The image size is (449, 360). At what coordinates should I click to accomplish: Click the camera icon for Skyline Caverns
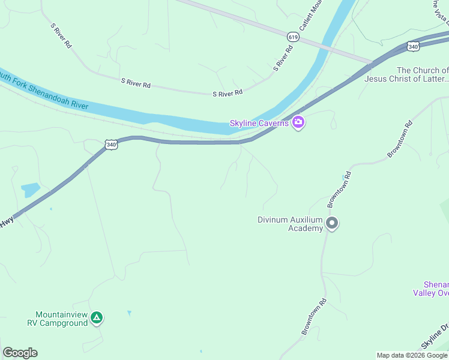pyautogui.click(x=298, y=123)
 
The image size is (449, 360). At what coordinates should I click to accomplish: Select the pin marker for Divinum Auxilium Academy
pyautogui.click(x=332, y=224)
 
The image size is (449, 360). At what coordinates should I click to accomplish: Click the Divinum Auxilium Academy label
pyautogui.click(x=291, y=224)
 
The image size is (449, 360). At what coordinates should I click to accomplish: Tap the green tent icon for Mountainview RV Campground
pyautogui.click(x=97, y=319)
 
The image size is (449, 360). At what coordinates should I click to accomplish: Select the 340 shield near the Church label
pyautogui.click(x=412, y=46)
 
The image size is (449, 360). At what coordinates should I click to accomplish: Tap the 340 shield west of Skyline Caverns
pyautogui.click(x=110, y=145)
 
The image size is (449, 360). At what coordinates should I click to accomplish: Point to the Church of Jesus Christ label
pyautogui.click(x=422, y=74)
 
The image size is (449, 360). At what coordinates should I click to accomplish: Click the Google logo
pyautogui.click(x=20, y=353)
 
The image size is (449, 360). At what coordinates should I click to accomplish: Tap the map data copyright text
pyautogui.click(x=412, y=355)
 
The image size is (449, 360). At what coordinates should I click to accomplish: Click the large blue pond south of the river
pyautogui.click(x=30, y=190)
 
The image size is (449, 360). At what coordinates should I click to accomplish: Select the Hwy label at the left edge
pyautogui.click(x=7, y=222)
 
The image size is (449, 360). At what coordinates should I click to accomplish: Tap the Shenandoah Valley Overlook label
pyautogui.click(x=431, y=289)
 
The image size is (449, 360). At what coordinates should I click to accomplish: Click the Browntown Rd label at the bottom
pyautogui.click(x=313, y=317)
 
